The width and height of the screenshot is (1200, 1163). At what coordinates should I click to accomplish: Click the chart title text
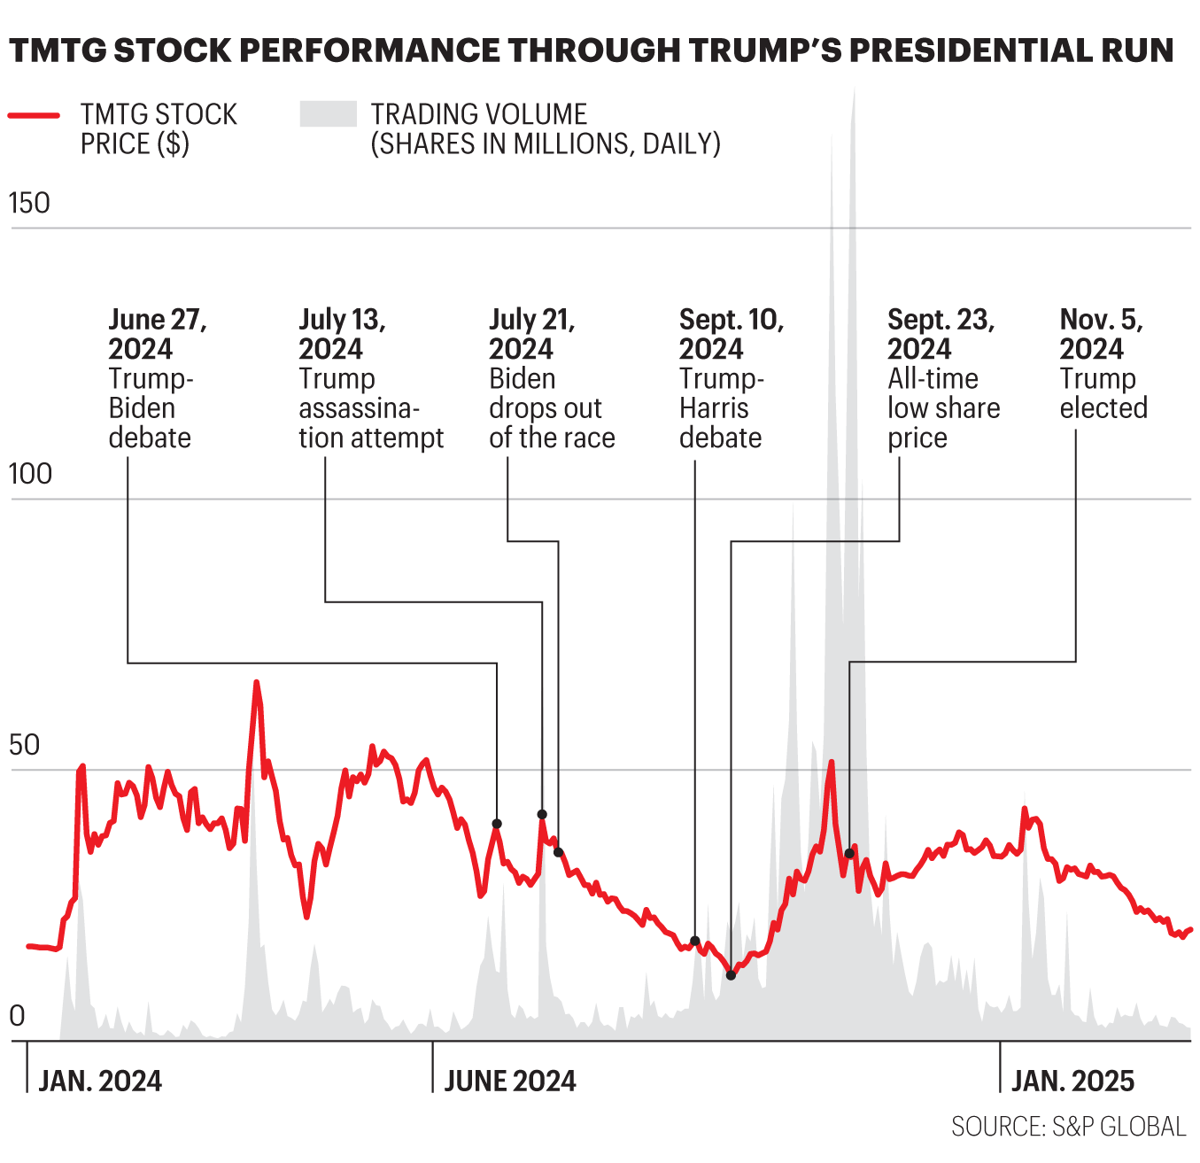point(592,50)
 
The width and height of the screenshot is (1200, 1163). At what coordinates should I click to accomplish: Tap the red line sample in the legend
point(35,115)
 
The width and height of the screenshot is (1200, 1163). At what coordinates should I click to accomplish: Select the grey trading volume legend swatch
point(328,114)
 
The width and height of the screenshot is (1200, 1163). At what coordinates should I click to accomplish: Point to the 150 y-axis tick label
point(29,204)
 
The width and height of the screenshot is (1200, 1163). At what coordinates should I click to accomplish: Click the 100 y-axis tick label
point(30,475)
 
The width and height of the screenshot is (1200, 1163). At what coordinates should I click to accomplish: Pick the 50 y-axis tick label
point(25,746)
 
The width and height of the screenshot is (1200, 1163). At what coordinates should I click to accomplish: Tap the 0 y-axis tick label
point(17,1017)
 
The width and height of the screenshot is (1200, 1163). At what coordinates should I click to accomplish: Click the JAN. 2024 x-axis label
point(100,1082)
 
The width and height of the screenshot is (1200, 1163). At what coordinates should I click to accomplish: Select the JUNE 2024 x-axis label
point(510,1082)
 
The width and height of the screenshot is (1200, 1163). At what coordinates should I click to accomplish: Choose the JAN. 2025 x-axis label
point(1072,1082)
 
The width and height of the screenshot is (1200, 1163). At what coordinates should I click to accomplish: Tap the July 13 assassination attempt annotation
point(370,378)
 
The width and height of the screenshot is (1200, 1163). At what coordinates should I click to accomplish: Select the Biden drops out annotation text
point(551,378)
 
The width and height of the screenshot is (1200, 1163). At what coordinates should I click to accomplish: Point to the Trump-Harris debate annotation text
point(731,378)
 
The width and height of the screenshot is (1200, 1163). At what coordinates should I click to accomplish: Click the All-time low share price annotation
point(943,378)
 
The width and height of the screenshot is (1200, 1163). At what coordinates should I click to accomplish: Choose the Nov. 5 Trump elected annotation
point(1103,363)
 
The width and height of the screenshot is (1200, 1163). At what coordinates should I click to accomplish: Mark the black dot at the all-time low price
point(731,975)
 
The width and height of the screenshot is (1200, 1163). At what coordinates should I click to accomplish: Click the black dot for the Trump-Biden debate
point(497,824)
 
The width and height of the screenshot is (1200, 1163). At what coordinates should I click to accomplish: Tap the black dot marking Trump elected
point(849,854)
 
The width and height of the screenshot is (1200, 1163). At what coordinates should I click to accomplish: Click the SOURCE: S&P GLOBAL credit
point(1068,1127)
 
